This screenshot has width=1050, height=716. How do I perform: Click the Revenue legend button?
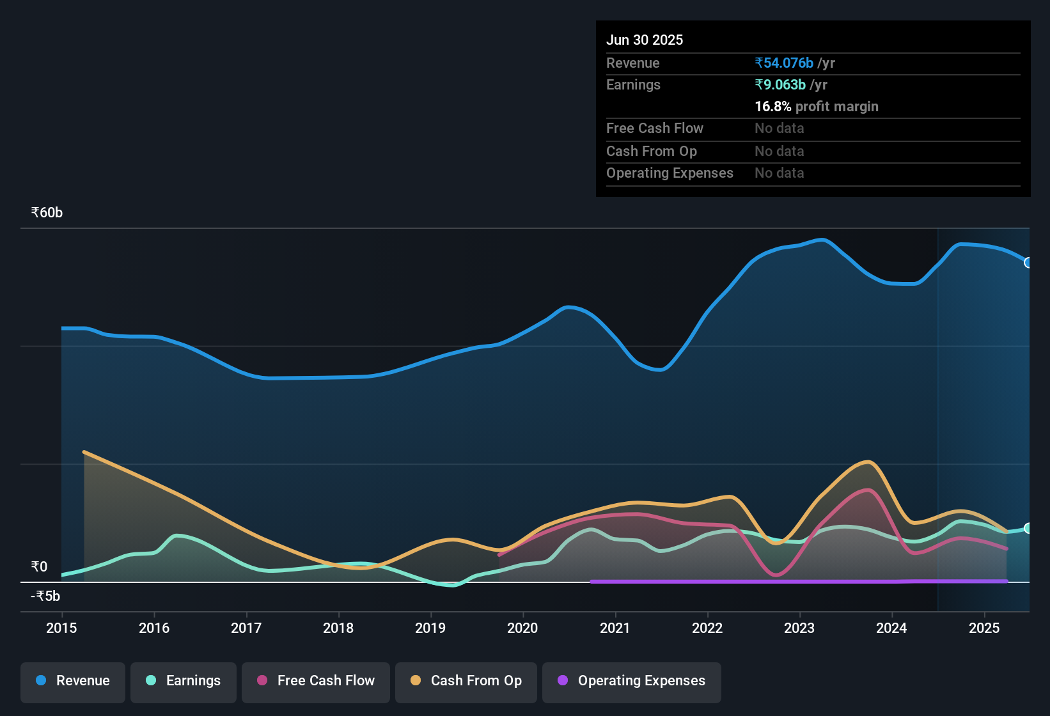click(x=73, y=681)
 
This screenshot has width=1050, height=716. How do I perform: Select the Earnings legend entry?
click(x=184, y=681)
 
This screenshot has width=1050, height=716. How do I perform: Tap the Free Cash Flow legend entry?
click(x=316, y=681)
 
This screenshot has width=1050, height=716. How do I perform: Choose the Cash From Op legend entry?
click(x=466, y=681)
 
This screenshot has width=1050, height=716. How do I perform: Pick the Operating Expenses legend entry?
click(x=632, y=681)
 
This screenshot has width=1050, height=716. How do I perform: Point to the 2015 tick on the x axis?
click(x=61, y=628)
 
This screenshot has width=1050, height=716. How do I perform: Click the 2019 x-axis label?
click(x=430, y=628)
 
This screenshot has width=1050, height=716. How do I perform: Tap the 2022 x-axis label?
click(x=707, y=628)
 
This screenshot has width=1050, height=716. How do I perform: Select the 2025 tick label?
click(x=984, y=628)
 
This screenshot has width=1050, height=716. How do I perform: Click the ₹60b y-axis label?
click(x=47, y=213)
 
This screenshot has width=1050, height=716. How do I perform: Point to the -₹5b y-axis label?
click(x=45, y=596)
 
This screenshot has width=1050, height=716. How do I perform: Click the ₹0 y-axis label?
click(x=39, y=567)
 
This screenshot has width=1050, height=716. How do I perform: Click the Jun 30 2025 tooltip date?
click(x=645, y=40)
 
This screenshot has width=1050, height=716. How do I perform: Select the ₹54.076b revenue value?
click(x=784, y=63)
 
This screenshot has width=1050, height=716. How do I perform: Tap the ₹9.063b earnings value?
click(x=780, y=85)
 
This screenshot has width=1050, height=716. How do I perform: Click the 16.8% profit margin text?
click(x=816, y=107)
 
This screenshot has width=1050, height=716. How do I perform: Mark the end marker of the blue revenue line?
click(x=1028, y=263)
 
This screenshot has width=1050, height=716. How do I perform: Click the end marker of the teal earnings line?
click(x=1028, y=528)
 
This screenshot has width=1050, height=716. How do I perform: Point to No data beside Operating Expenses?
click(x=779, y=173)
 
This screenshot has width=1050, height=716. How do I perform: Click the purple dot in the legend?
click(x=563, y=680)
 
